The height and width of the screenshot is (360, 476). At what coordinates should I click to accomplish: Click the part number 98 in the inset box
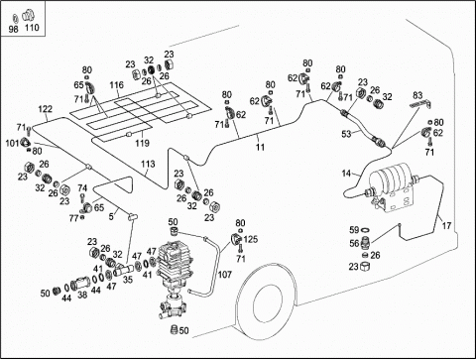[13, 29]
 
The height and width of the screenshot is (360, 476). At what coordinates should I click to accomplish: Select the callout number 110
[32, 27]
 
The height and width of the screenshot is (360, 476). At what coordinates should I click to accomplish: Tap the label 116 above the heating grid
[116, 85]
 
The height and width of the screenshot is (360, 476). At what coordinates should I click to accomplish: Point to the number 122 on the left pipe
[46, 109]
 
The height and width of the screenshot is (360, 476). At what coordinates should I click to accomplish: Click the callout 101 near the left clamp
[12, 143]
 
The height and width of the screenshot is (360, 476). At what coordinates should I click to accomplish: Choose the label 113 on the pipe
[148, 164]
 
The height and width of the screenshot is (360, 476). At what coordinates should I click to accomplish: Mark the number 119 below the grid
[142, 143]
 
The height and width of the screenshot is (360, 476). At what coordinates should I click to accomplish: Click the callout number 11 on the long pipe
[261, 147]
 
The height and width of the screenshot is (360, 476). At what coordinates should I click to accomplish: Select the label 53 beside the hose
[346, 134]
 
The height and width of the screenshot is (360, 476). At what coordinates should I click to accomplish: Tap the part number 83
[417, 95]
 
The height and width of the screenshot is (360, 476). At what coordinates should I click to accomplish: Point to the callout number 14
[346, 174]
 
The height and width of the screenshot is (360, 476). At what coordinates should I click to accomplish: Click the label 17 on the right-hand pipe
[446, 226]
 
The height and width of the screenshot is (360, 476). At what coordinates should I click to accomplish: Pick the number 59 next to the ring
[354, 229]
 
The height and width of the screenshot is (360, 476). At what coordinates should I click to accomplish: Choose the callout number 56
[354, 243]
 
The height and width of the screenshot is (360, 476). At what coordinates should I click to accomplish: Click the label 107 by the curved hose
[225, 275]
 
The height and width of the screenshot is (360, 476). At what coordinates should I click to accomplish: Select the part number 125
[251, 239]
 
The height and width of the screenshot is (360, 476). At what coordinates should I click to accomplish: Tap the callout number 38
[82, 295]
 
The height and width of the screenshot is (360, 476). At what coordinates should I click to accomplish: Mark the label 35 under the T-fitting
[128, 280]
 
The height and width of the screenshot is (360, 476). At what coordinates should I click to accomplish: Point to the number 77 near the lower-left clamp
[73, 218]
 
